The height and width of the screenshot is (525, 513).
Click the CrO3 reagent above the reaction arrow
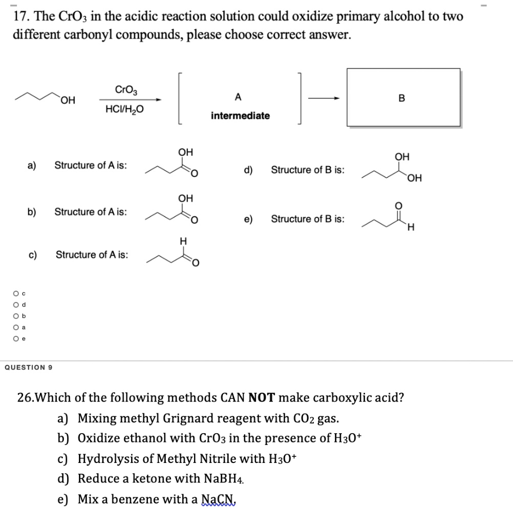coord(126,90)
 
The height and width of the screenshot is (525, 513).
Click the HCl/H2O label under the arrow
coord(125,109)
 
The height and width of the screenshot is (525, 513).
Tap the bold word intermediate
coord(240,116)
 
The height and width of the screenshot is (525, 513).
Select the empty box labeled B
coord(403,97)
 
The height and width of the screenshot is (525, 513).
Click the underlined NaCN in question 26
coord(219,499)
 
